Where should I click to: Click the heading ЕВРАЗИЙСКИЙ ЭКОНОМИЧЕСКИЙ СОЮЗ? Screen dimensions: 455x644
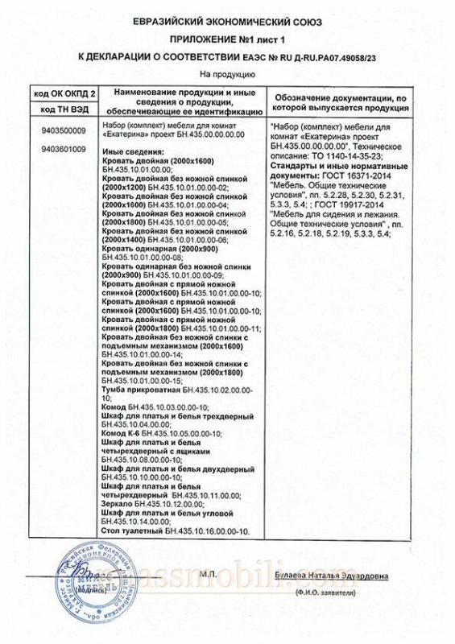click(x=227, y=21)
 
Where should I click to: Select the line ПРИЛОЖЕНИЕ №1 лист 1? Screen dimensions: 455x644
click(x=227, y=39)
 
